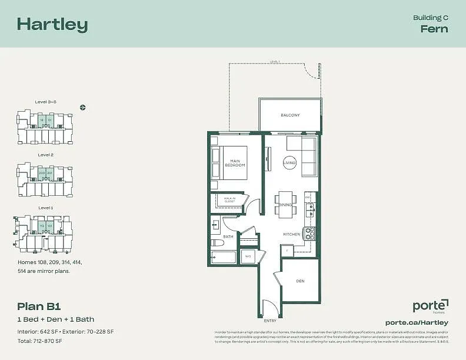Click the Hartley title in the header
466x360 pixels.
tap(52, 24)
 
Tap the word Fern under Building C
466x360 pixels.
tap(434, 29)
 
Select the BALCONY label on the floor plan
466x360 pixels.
tap(290, 115)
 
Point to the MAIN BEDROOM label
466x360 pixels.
tap(235, 163)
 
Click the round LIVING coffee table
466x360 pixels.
tap(289, 162)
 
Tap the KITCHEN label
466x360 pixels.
tap(292, 234)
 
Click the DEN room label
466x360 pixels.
tap(300, 281)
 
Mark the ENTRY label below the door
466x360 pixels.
tap(270, 321)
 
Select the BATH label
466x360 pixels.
tap(228, 236)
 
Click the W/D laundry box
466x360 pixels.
tap(248, 256)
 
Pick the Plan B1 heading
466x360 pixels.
tap(39, 306)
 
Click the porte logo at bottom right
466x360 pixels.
tap(430, 306)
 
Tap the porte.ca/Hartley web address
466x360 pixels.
tap(417, 322)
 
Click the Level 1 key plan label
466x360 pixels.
tap(46, 208)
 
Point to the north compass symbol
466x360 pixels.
tap(83, 107)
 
